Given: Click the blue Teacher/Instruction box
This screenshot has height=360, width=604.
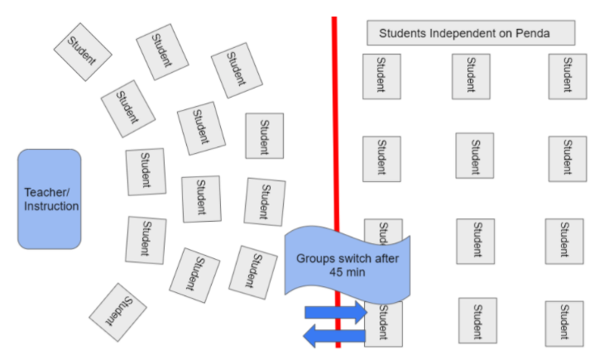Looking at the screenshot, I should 50,199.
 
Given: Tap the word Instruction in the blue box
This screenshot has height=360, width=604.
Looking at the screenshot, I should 50,206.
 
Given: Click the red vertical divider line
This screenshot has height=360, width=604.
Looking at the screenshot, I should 335,124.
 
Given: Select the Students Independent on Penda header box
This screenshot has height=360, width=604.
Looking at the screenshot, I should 470,33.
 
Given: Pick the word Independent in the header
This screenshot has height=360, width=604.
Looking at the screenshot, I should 460,34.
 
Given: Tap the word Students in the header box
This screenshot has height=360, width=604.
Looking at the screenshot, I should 400,34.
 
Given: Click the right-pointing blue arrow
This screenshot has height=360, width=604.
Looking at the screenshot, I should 335,312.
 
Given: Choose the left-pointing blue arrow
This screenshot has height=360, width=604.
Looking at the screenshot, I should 335,335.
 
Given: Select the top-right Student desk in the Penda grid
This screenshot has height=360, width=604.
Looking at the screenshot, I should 567,76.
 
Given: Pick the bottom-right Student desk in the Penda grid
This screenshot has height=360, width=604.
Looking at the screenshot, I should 563,323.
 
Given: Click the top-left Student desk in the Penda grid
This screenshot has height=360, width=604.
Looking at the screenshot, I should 381,76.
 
